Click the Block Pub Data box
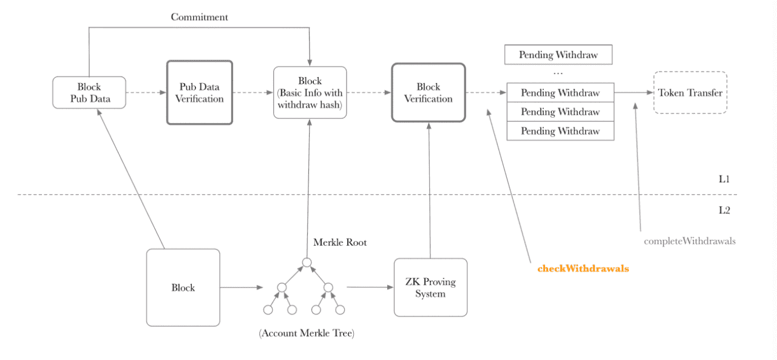pos(89,93)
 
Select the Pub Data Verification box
pos(200,93)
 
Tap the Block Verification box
pos(429,93)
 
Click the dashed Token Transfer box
pos(690,93)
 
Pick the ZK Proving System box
pos(430,288)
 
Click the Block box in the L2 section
pos(183,288)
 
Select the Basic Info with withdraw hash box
pos(310,93)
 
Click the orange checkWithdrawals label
pos(583,268)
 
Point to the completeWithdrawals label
pos(690,241)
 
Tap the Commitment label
pos(200,17)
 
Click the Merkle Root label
pos(340,242)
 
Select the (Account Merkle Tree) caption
pos(307,333)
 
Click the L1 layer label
pos(724,179)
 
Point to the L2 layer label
pos(724,210)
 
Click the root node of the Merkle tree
pos(307,262)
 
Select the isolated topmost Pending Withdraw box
pos(558,55)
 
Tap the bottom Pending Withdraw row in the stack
pos(560,131)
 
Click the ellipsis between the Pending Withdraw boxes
pos(558,73)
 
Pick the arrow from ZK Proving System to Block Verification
pos(430,191)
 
